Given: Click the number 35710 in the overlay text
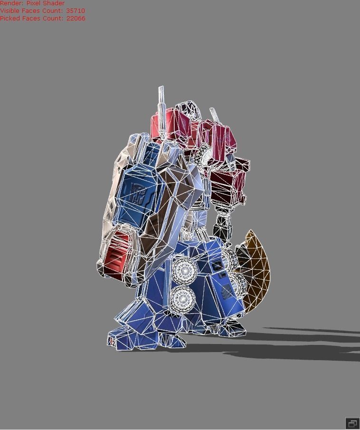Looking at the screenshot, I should pos(75,10).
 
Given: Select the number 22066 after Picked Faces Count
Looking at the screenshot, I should pos(76,18).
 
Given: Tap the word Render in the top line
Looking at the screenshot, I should pos(11,3).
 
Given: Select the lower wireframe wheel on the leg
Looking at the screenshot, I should pos(183,299).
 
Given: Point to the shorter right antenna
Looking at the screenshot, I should pos(215,116).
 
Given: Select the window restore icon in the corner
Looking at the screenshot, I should pos(352,423).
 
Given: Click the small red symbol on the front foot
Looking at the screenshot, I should pos(111,340).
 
